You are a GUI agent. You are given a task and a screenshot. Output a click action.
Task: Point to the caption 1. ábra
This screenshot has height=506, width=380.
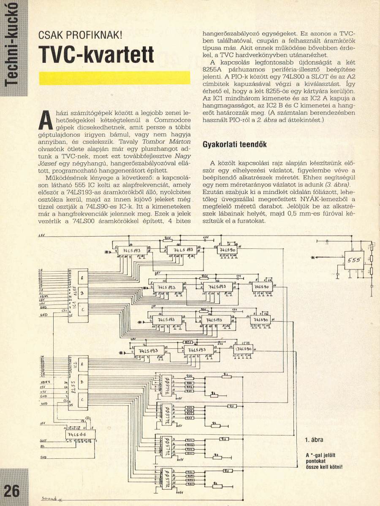[314, 440]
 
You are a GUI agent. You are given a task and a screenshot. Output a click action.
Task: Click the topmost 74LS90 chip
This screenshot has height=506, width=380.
[228, 250]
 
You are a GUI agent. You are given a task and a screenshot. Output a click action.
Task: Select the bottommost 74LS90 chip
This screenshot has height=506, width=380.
[244, 350]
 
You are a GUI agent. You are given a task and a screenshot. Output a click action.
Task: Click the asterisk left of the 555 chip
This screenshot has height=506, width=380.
[312, 257]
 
